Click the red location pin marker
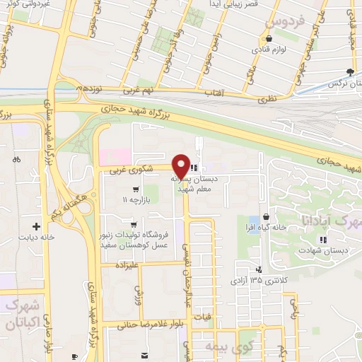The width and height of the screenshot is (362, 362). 181,166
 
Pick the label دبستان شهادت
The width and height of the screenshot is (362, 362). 323,250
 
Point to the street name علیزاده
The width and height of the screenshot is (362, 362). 132,264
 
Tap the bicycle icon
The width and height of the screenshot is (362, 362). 16,160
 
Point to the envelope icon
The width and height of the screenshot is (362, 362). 144,354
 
